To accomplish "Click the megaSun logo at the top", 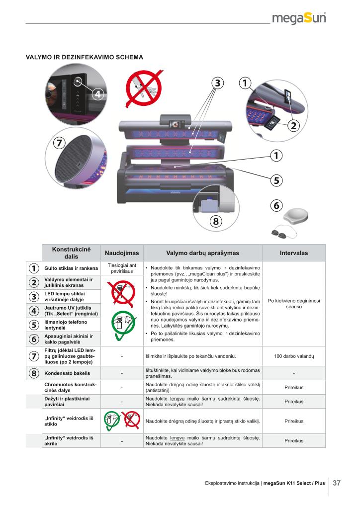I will tap(299, 19).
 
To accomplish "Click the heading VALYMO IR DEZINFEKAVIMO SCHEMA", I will tap(85, 57).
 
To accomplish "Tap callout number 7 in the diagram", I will tap(59, 143).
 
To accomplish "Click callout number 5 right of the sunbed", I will tap(276, 180).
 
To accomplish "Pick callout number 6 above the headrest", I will tap(276, 205).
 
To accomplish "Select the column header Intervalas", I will tap(293, 253).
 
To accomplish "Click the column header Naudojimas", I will tap(121, 253).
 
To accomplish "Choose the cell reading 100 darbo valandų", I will tap(293, 357).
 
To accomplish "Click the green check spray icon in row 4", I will tap(121, 325).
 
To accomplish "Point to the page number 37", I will tap(337, 483).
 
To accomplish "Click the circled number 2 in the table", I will tap(33, 283).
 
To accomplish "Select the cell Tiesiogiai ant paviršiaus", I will tap(121, 268).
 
